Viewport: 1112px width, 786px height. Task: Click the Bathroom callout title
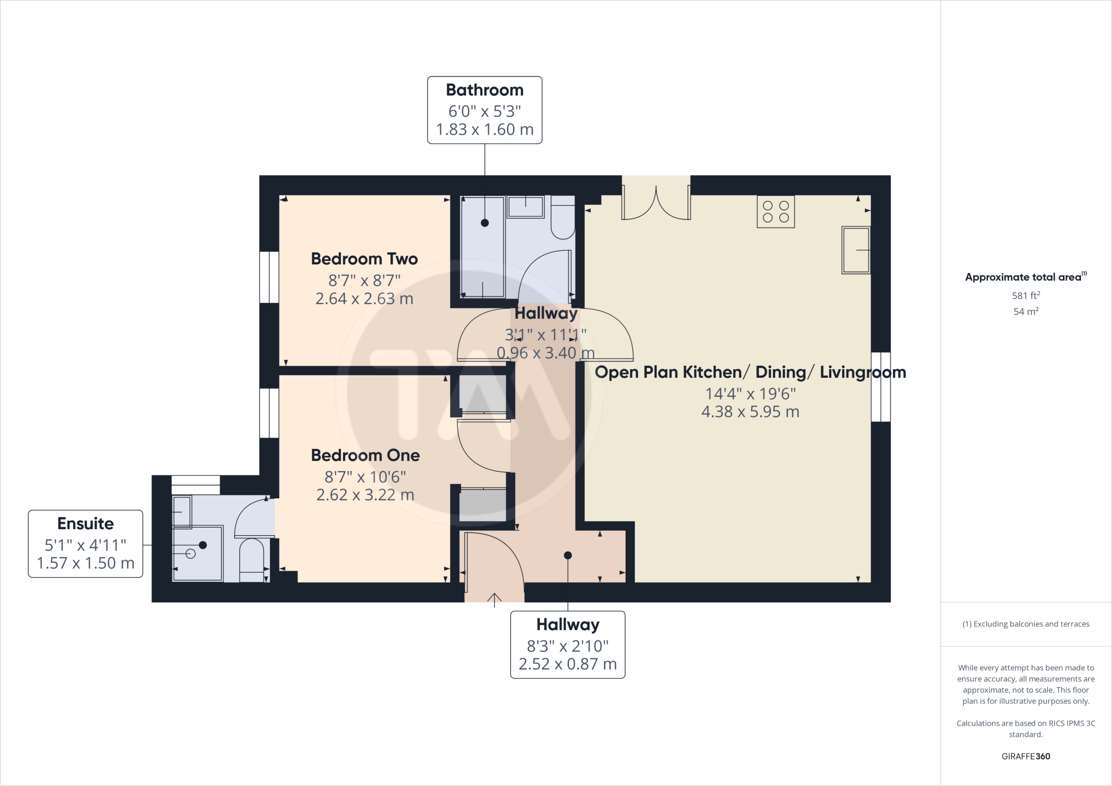(484, 90)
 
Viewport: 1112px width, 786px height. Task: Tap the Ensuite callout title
(85, 524)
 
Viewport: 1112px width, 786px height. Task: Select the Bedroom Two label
(364, 259)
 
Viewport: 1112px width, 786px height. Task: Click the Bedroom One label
(365, 455)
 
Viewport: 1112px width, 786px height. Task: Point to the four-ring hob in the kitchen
(775, 212)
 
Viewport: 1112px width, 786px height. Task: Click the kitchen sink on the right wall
(856, 250)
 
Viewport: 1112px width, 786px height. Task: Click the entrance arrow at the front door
(494, 599)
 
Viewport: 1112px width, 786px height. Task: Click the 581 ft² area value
(1025, 296)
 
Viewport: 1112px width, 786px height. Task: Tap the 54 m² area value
(1025, 312)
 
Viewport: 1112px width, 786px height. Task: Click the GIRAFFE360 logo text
(1025, 756)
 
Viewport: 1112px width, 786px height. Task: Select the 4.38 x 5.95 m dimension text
(750, 412)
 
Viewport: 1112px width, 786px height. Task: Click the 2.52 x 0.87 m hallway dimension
(567, 664)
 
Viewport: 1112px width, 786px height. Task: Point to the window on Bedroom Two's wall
(269, 277)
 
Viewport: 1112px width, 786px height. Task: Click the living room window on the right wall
(881, 387)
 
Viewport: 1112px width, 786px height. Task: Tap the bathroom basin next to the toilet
(525, 207)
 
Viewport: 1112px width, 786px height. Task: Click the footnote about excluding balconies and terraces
(1025, 624)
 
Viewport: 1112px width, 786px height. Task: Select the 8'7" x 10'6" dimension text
(365, 477)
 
